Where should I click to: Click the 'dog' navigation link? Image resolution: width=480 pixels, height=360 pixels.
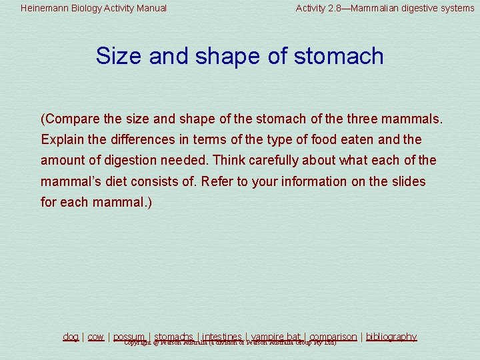tap(71, 337)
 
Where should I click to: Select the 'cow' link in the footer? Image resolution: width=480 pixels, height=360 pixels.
tap(96, 337)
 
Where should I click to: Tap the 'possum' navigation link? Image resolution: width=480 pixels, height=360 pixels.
tap(129, 337)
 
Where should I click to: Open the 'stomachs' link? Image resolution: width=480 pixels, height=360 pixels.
tap(174, 337)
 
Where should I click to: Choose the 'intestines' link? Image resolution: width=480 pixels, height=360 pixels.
tap(222, 337)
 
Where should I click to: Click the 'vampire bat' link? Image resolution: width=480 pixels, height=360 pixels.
tap(275, 337)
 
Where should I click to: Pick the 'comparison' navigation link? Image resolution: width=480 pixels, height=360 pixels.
tap(333, 337)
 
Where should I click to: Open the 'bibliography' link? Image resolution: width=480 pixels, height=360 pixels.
tap(391, 337)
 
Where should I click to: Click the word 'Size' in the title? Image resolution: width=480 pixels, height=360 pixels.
tap(118, 56)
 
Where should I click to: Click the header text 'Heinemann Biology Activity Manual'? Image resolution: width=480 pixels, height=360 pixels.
tap(93, 9)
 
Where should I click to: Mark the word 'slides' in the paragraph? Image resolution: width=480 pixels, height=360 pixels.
tap(408, 181)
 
